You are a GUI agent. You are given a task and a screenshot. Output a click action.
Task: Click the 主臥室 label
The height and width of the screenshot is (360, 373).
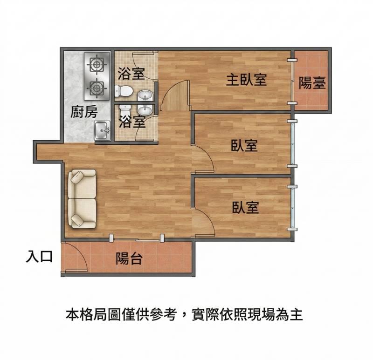[246, 80]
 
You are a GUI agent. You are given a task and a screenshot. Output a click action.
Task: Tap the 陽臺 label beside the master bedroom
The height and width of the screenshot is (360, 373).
[312, 83]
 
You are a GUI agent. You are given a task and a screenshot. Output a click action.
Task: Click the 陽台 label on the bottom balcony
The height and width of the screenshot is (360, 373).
[129, 258]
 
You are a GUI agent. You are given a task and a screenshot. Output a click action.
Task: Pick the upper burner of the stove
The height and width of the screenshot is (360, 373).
[97, 64]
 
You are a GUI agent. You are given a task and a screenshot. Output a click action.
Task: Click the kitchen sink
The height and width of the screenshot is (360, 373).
[102, 131]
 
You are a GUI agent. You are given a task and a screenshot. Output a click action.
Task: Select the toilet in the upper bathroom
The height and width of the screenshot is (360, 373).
[124, 91]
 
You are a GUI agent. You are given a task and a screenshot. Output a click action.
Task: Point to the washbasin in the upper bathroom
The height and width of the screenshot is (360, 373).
[145, 96]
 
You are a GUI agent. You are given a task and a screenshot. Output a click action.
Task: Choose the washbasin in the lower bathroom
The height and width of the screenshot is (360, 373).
[145, 110]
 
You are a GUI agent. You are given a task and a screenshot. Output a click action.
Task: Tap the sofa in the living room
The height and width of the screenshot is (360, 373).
[82, 199]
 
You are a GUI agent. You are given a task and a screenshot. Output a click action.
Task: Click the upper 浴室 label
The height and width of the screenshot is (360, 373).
[131, 74]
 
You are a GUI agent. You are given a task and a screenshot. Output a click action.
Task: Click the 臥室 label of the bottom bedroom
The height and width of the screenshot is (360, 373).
[245, 207]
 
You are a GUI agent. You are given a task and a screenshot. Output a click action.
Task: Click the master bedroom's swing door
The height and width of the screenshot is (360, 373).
[176, 95]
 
